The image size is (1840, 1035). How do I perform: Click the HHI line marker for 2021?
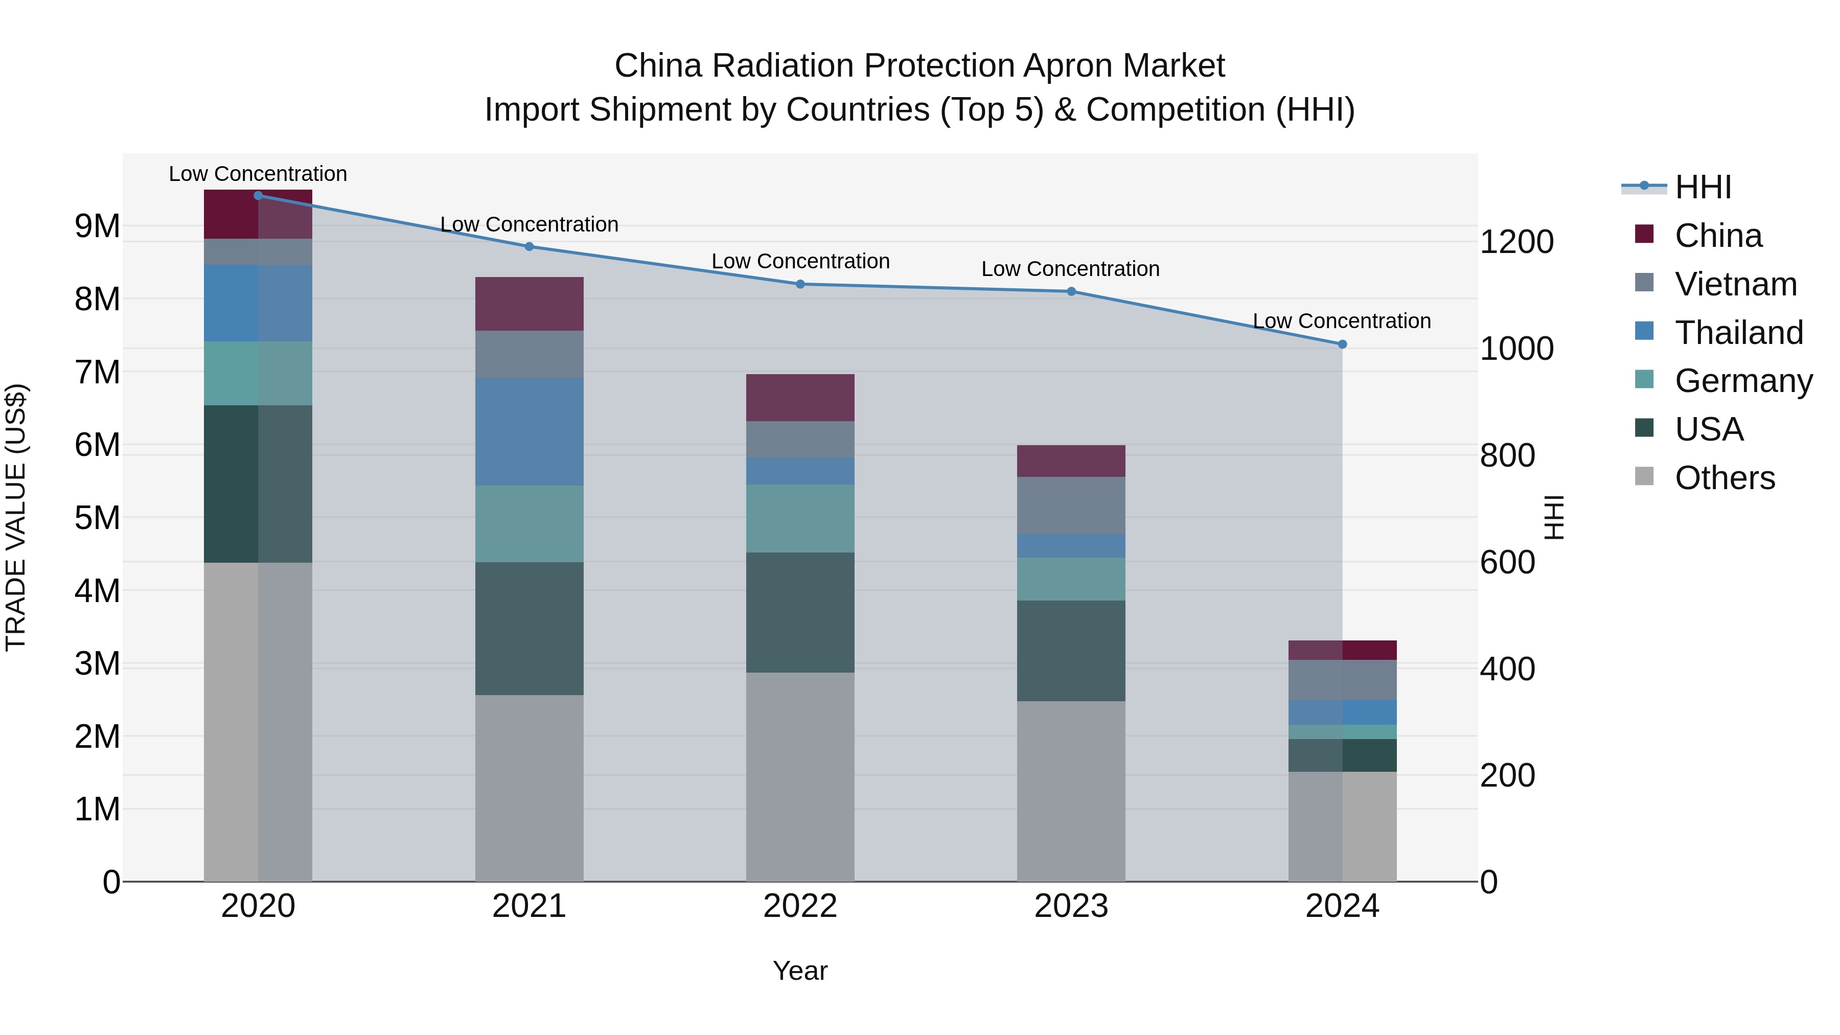(530, 246)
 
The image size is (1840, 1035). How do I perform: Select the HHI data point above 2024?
(1342, 344)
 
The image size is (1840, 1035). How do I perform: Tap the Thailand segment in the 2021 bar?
(530, 431)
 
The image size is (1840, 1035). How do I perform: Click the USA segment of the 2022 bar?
(800, 612)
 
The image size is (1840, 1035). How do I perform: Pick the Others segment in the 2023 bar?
(1071, 791)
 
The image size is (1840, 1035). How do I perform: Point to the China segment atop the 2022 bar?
(800, 397)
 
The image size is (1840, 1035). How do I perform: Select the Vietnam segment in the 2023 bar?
(1071, 505)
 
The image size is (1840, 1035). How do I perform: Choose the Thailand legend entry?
(1739, 333)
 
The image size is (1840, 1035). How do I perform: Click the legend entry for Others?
(1724, 478)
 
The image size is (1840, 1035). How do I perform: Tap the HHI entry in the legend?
(1703, 187)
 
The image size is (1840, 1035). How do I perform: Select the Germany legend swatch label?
(1743, 381)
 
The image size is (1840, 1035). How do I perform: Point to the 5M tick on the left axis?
(97, 518)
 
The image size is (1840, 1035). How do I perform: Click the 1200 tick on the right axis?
(1516, 242)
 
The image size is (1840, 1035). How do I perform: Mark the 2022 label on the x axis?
(800, 906)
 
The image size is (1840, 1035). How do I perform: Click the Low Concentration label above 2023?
(1070, 269)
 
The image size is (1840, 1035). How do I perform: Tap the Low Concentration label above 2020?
(258, 174)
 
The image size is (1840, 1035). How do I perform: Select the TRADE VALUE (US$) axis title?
(16, 517)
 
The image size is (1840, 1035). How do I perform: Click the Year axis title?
(800, 971)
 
